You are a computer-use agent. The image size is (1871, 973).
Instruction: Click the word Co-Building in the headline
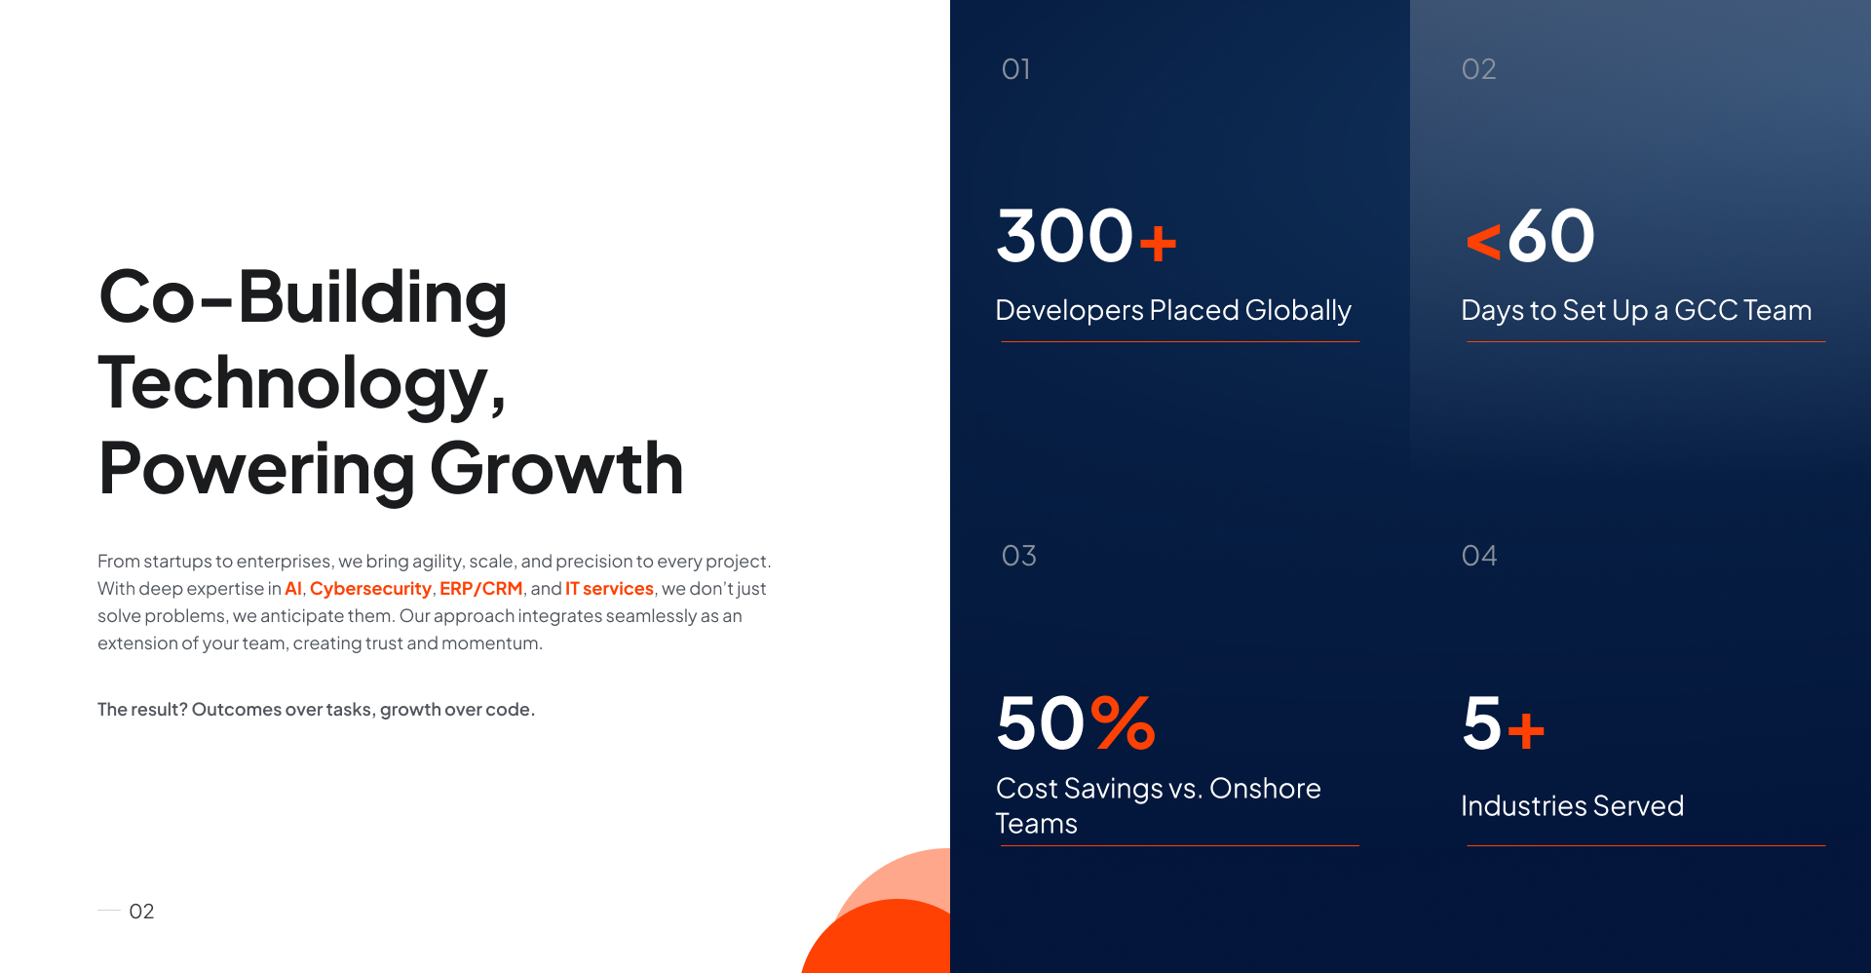coord(303,297)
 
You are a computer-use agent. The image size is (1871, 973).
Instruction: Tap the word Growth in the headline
coord(556,469)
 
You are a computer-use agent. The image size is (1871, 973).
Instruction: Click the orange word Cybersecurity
coord(370,589)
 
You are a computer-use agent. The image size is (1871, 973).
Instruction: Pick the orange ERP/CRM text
coord(481,589)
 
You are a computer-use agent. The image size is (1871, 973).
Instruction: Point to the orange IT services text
coord(609,589)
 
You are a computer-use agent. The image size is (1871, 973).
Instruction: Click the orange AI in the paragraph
coord(293,589)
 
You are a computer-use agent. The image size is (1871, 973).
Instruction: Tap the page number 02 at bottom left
coord(141,912)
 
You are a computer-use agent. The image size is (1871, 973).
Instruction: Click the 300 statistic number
coord(1065,236)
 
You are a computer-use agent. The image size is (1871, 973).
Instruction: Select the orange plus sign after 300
coord(1158,244)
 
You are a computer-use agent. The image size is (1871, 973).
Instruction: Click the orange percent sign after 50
coord(1124,722)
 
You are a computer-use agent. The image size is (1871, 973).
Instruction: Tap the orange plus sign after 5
coord(1526,731)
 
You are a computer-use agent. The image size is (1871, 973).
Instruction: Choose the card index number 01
coord(1015,69)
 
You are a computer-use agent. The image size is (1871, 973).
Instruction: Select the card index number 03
coord(1018,556)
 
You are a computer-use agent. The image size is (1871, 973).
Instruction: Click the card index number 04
coord(1478,556)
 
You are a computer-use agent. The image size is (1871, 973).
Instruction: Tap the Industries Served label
coord(1572,806)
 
